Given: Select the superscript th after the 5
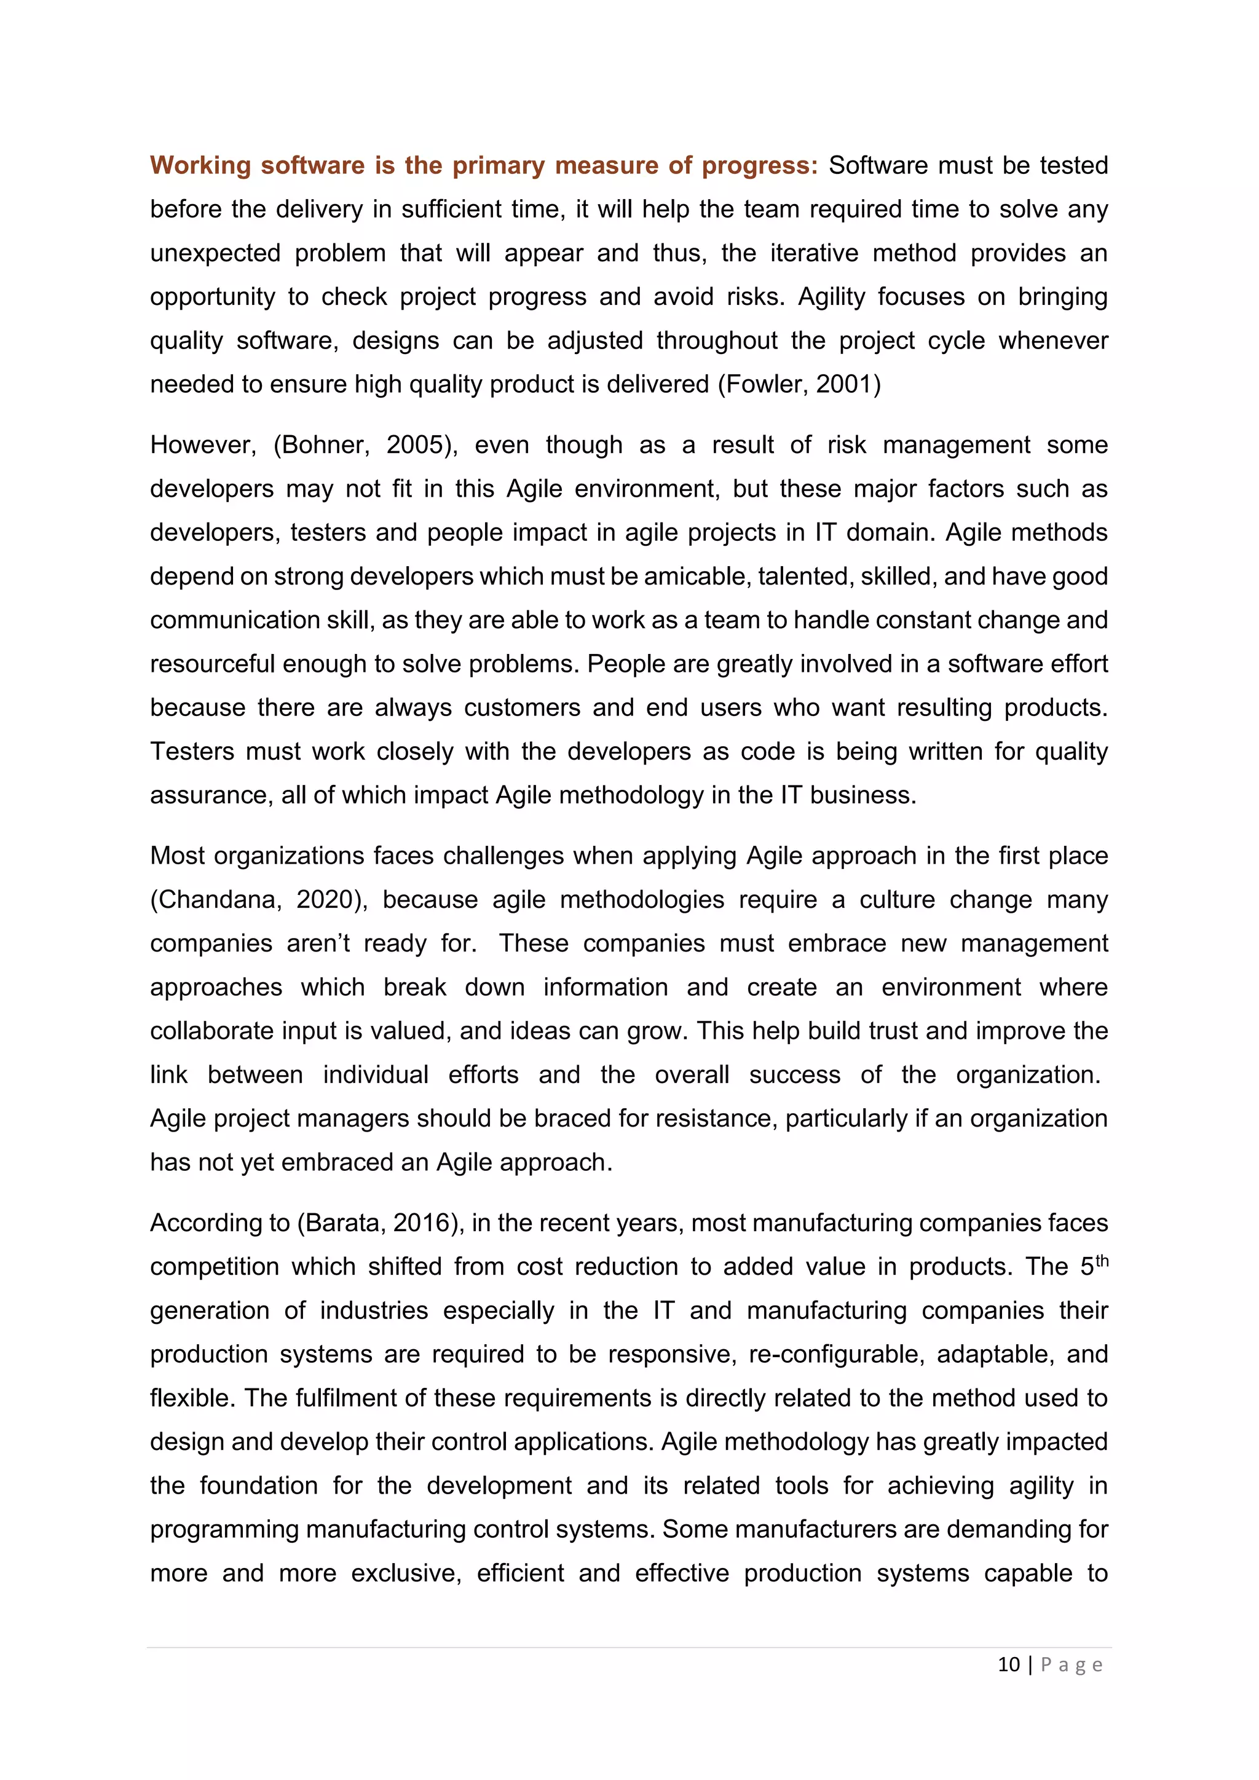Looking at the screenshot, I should (x=1102, y=1261).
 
